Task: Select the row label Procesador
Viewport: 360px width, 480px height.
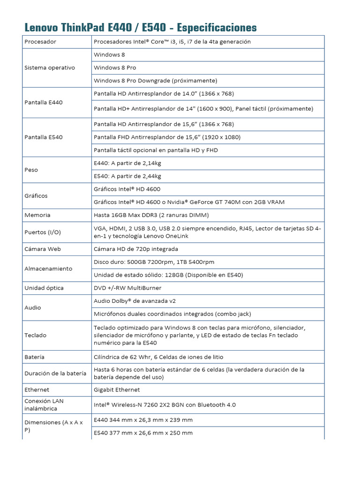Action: tap(40, 42)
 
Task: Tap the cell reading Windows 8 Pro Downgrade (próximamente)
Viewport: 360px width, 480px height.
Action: tap(155, 81)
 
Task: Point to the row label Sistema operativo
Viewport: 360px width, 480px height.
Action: tap(49, 67)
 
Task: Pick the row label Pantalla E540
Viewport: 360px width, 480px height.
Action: tap(43, 137)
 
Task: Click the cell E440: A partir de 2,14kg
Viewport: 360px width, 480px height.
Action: tap(127, 163)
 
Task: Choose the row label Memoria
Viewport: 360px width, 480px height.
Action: tap(37, 215)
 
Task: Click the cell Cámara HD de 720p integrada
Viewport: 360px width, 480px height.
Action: tap(135, 249)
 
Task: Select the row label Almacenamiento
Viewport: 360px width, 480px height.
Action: tap(48, 269)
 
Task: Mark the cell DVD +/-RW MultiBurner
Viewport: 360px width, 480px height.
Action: tap(127, 288)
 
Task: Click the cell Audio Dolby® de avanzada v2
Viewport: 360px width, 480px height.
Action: tap(135, 301)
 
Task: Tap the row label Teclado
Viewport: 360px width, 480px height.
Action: tap(35, 335)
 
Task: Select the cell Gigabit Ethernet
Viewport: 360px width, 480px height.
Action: tap(117, 390)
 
